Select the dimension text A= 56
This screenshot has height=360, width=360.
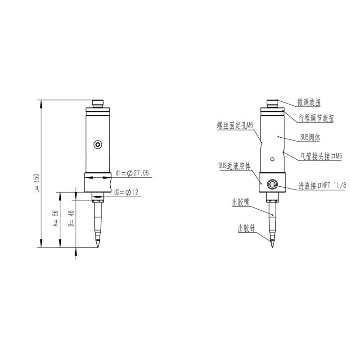(x=56, y=220)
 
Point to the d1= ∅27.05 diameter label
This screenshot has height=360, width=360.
(x=132, y=173)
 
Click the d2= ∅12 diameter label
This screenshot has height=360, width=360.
(x=126, y=192)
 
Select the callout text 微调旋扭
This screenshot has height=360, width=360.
(x=309, y=103)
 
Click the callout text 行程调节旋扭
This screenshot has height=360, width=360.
(x=317, y=118)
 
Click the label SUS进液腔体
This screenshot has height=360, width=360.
(x=234, y=166)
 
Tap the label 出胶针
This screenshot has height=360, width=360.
(x=246, y=229)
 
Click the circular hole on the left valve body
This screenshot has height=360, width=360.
(x=98, y=144)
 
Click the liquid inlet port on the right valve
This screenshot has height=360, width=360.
(x=272, y=184)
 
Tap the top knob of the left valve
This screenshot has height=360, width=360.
(x=98, y=103)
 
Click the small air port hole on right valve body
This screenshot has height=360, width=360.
(x=272, y=159)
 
